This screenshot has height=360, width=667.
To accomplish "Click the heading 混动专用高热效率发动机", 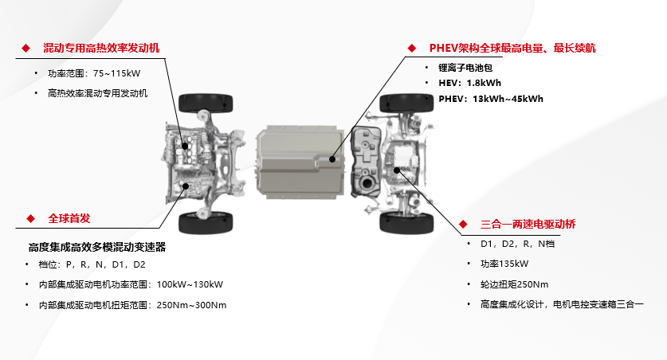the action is point(101,48).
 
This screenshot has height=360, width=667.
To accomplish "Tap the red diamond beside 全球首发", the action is point(30,218).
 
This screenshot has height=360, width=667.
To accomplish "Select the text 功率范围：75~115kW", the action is point(94,73).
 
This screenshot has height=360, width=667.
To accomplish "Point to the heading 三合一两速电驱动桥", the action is point(528,224).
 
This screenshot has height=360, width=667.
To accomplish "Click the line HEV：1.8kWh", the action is point(469,83).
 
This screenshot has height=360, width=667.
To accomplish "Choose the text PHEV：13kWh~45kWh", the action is point(491,99).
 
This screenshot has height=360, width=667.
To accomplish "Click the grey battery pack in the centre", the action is point(300,162).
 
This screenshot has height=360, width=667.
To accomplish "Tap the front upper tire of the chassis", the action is point(206,104).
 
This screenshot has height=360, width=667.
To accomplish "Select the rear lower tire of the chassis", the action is point(406,223).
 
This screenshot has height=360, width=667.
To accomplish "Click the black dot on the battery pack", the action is point(332,159).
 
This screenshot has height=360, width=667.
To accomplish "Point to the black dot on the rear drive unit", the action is point(397,170).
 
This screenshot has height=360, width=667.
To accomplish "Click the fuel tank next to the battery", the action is point(366,162).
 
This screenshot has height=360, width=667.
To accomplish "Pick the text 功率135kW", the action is point(504,264).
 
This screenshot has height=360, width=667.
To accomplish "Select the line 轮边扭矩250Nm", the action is point(514,284).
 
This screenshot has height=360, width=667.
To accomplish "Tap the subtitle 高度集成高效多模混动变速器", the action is point(97,247).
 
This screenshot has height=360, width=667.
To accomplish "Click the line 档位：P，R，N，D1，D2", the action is point(92,264).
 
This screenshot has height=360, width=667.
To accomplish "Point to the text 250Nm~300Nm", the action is point(191,305).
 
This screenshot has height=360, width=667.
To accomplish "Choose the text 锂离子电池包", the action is point(465,68).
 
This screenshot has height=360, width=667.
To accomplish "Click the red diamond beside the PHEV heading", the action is point(411,48).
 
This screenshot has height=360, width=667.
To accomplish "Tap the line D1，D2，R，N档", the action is point(518,244).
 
